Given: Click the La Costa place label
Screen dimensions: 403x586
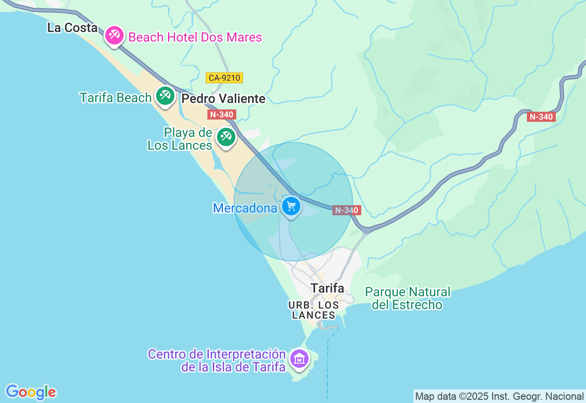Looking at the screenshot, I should point(72,28).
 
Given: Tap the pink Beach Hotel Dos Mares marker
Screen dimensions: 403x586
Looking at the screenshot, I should point(114,35).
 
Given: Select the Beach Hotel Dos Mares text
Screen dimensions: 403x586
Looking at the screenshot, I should point(195,38).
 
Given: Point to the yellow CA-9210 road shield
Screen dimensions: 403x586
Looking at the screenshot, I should point(224,78).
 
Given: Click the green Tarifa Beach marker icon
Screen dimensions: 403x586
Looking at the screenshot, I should point(165,96).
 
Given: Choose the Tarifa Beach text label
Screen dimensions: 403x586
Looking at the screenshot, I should point(115,98).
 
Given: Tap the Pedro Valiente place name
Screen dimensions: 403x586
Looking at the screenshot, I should point(223,99).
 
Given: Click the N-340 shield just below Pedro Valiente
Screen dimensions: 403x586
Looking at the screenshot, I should point(222,114).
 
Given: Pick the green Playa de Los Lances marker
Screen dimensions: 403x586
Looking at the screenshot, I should point(226,136).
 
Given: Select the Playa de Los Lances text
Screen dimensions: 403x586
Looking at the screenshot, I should point(180,139).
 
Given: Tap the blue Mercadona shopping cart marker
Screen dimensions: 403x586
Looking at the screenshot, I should point(291,207).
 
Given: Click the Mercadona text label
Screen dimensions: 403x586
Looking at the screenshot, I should point(245,208).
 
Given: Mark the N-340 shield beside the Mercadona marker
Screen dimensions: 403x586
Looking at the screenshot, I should point(347,210).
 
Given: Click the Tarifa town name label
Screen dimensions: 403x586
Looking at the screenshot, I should point(327,288).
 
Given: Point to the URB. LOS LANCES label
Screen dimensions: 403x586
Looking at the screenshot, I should point(314,310).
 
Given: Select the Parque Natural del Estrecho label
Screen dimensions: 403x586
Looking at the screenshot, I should point(407,299).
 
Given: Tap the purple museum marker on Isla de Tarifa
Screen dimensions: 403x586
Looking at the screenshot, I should point(299,359).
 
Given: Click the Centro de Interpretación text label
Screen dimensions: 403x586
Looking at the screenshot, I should point(217,360).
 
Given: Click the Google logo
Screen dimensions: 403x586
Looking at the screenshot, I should point(31,392).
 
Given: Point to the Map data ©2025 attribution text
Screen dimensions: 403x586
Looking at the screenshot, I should point(499,396).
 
